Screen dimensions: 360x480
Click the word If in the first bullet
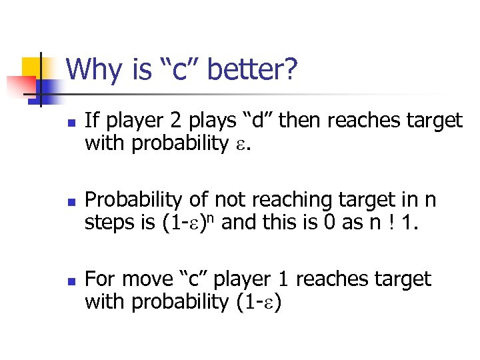click(91, 121)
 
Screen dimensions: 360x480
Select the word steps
click(106, 223)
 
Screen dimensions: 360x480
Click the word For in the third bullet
click(99, 279)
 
